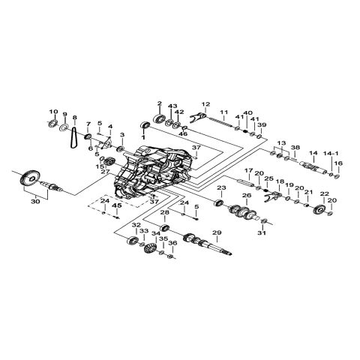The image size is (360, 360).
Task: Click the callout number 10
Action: coord(52,112)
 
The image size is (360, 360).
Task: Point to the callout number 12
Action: coord(205,103)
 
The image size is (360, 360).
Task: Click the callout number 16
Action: coord(337,163)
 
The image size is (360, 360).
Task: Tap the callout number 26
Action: coord(244,195)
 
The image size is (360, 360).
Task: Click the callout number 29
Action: coord(217,233)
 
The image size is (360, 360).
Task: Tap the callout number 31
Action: coord(262,232)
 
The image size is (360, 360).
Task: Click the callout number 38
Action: coord(295,147)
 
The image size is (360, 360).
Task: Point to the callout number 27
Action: coord(106,172)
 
